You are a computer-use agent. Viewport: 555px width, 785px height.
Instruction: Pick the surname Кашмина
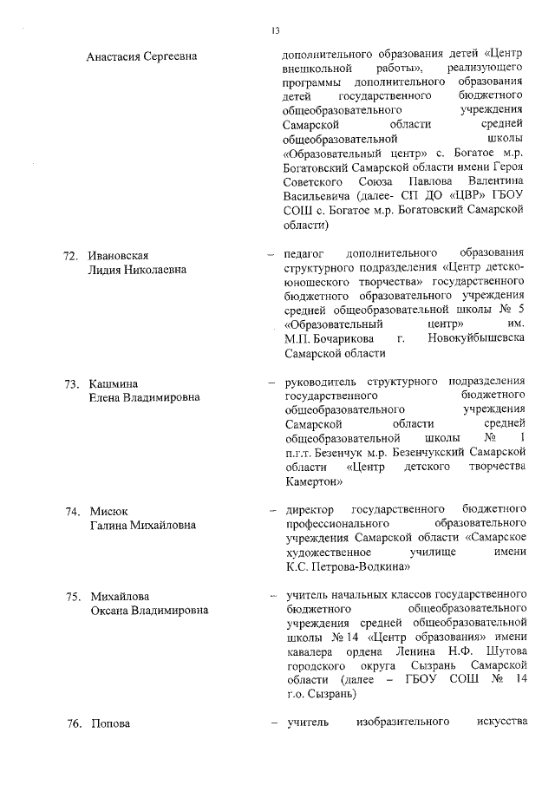point(114,383)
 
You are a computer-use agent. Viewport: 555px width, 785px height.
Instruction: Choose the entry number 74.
point(72,510)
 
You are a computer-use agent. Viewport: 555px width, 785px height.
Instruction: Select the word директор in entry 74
point(308,510)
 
